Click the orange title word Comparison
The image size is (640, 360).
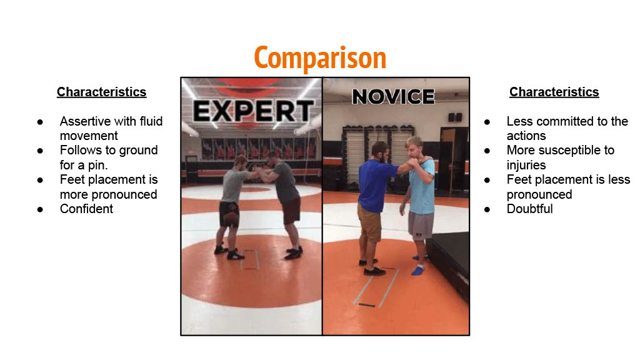(320, 58)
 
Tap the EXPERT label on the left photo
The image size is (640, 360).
(253, 111)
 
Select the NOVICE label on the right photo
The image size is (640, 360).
(394, 97)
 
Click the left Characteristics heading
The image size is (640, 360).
(102, 92)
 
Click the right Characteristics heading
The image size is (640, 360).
(554, 92)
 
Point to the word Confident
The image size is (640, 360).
(86, 209)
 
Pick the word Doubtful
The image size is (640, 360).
(530, 209)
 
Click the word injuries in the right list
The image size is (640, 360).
(526, 165)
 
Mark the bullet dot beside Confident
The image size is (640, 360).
(40, 209)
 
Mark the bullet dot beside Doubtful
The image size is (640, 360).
(487, 209)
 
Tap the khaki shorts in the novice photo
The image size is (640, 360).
(370, 222)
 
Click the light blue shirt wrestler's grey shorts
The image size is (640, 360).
(421, 225)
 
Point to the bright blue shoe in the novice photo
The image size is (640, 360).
(417, 270)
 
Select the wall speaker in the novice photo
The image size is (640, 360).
(455, 117)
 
